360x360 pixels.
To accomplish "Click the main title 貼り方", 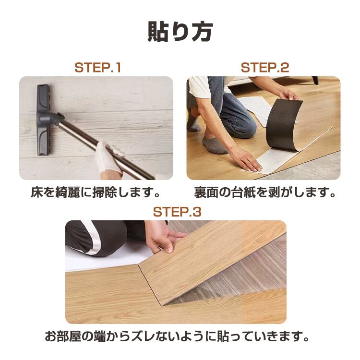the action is click(x=180, y=32).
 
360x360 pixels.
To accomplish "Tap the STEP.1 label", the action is click(x=98, y=68).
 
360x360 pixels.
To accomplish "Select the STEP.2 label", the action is click(x=265, y=68).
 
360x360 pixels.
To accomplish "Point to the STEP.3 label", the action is click(x=177, y=212).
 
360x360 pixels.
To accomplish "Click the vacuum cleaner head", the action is click(x=43, y=120).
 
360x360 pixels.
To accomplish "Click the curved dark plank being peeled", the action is click(x=284, y=124).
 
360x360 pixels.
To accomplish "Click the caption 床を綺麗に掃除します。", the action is click(x=96, y=192).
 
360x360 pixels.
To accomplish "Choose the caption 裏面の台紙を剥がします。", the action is click(x=265, y=192).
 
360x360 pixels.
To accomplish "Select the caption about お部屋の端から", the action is click(x=177, y=336).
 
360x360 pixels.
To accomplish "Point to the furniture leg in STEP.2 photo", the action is click(x=315, y=80).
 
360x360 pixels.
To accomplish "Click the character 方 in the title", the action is click(x=202, y=32).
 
